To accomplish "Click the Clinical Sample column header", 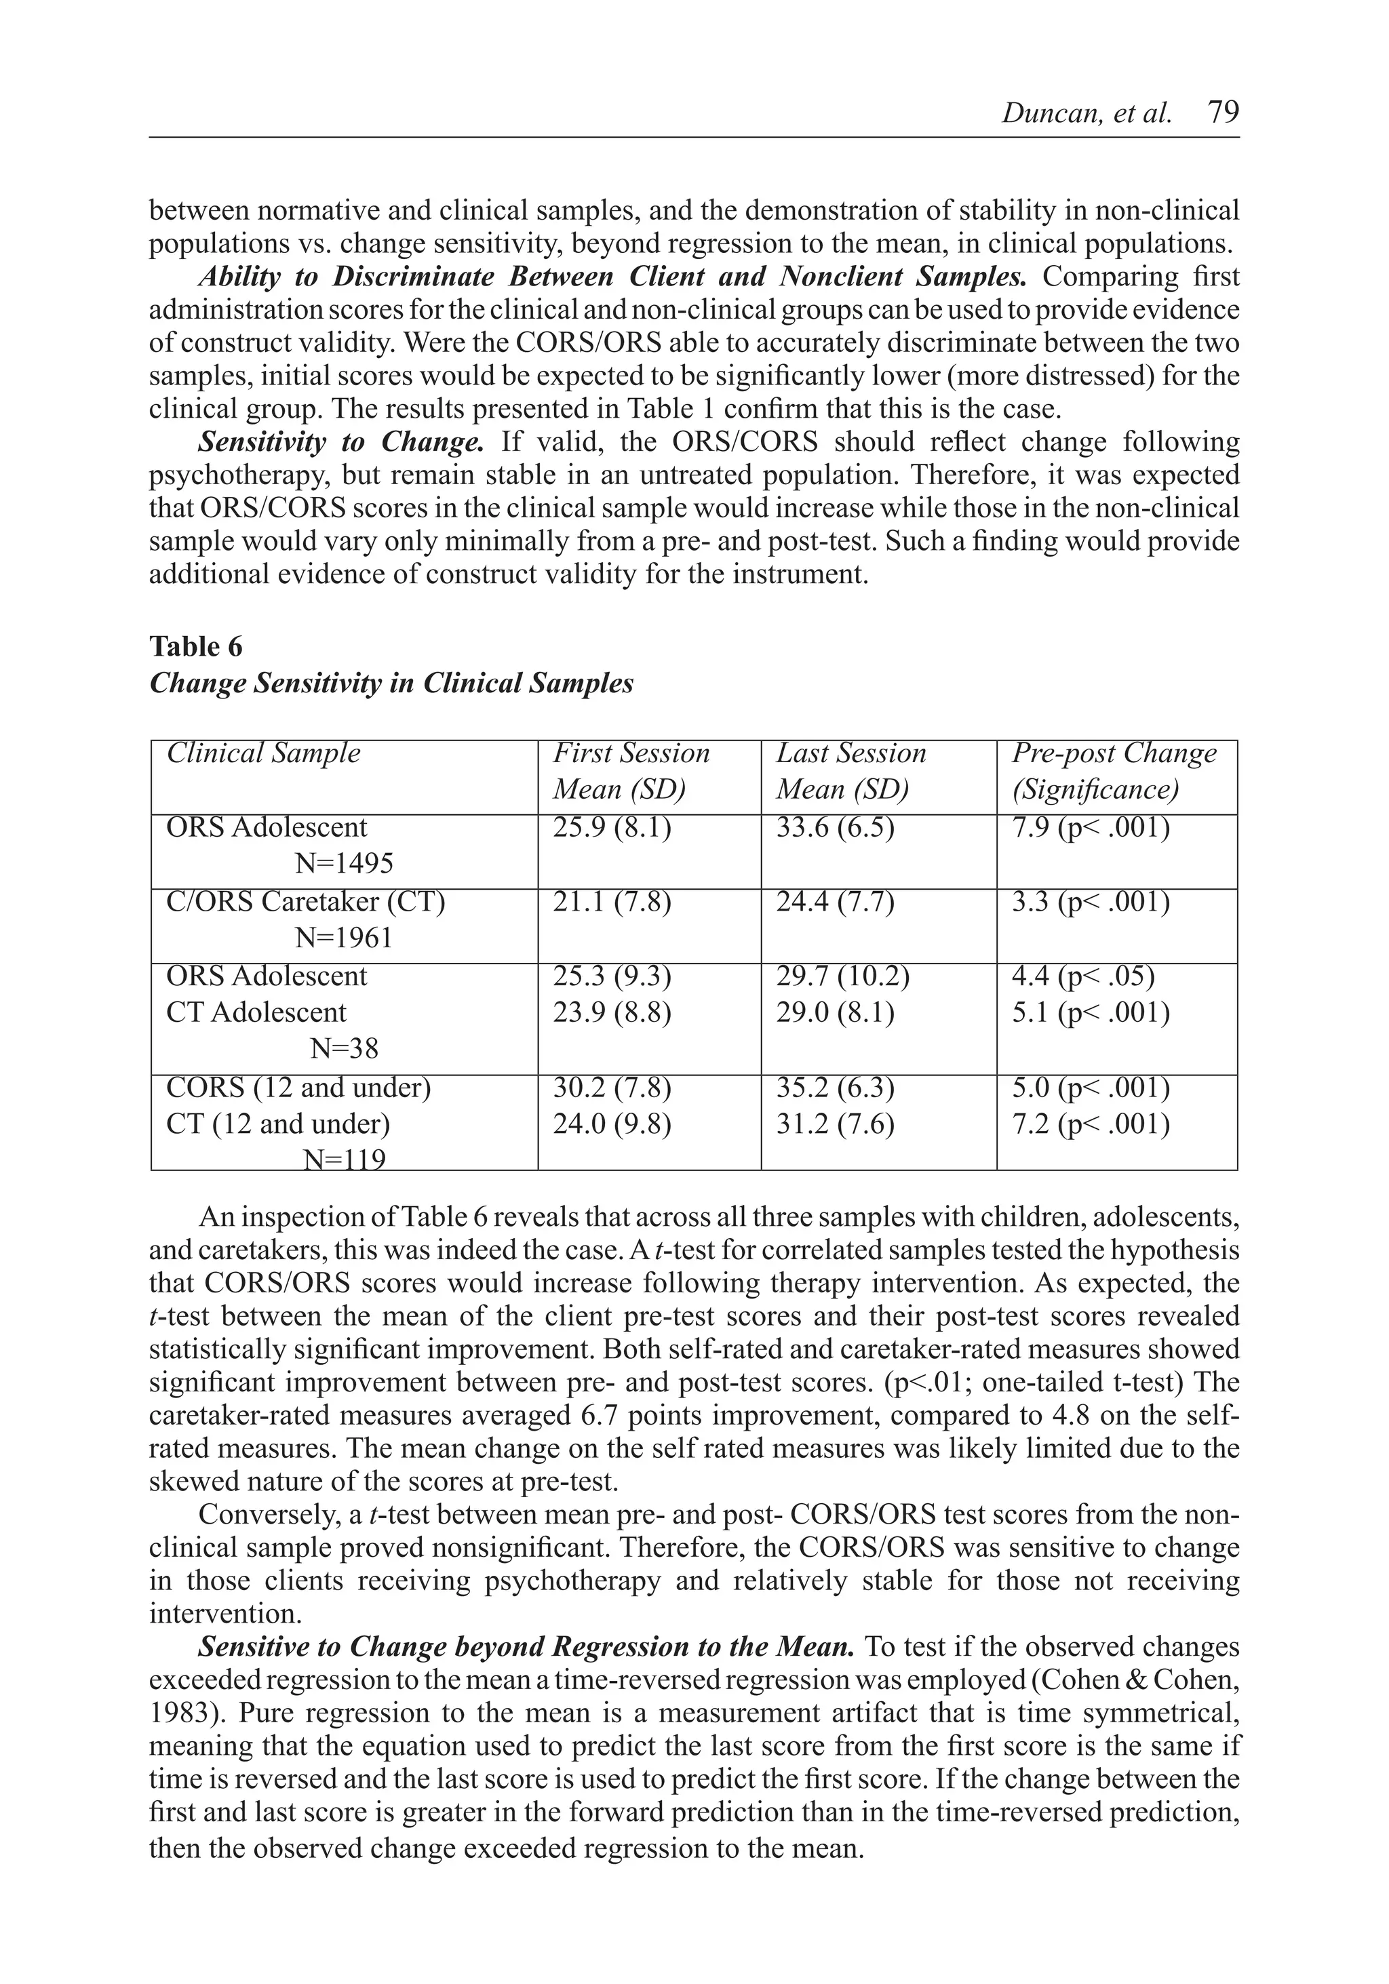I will pyautogui.click(x=264, y=753).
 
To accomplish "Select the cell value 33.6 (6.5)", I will pyautogui.click(x=835, y=828).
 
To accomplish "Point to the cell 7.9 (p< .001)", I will pyautogui.click(x=1091, y=828).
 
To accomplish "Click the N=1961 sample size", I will pyautogui.click(x=343, y=938).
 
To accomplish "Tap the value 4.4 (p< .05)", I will pyautogui.click(x=1083, y=976).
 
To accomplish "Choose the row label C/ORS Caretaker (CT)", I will pyautogui.click(x=305, y=902).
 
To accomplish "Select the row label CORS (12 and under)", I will pyautogui.click(x=298, y=1087).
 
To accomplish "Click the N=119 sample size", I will pyautogui.click(x=344, y=1159).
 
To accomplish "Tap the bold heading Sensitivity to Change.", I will pyautogui.click(x=341, y=441).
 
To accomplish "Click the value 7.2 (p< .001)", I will pyautogui.click(x=1091, y=1124).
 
